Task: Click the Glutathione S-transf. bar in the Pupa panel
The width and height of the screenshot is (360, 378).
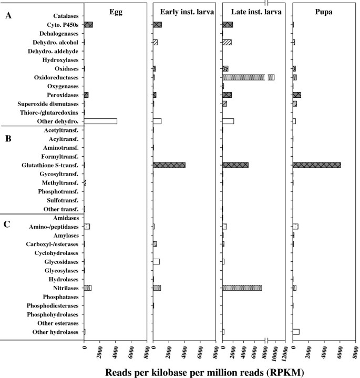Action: [316, 165]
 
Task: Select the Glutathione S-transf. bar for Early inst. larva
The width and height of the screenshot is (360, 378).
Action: [169, 165]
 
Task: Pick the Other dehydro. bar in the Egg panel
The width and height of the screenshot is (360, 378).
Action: [100, 121]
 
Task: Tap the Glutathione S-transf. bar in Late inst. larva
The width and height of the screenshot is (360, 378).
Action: [235, 165]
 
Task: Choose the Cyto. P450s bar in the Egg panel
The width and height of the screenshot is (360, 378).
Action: [88, 25]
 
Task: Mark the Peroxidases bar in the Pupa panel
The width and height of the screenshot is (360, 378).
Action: [297, 95]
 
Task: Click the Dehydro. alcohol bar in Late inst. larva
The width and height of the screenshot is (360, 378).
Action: [227, 42]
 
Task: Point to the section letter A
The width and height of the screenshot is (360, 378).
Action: [8, 16]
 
